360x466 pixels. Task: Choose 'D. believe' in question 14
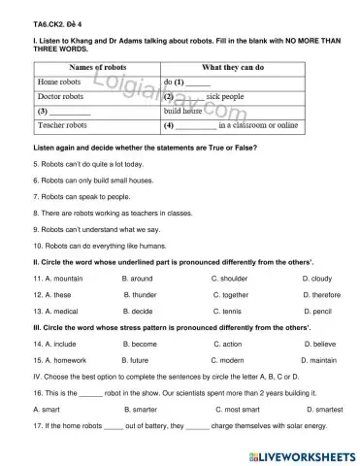pos(321,344)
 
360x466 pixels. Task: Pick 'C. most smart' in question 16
pos(238,409)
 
